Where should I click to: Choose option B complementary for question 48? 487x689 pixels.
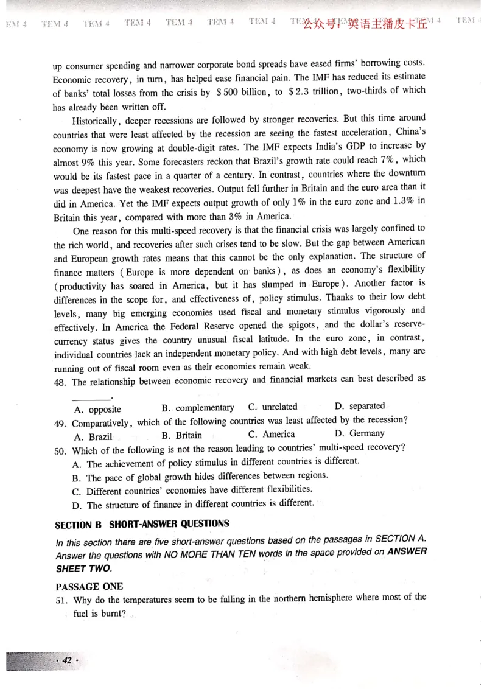pos(197,408)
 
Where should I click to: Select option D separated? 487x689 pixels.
pos(360,406)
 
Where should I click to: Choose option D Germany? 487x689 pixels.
pos(359,433)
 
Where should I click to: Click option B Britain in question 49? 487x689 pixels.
pos(182,435)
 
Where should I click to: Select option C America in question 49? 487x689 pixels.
pos(272,434)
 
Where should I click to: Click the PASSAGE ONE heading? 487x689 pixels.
pos(89,587)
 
